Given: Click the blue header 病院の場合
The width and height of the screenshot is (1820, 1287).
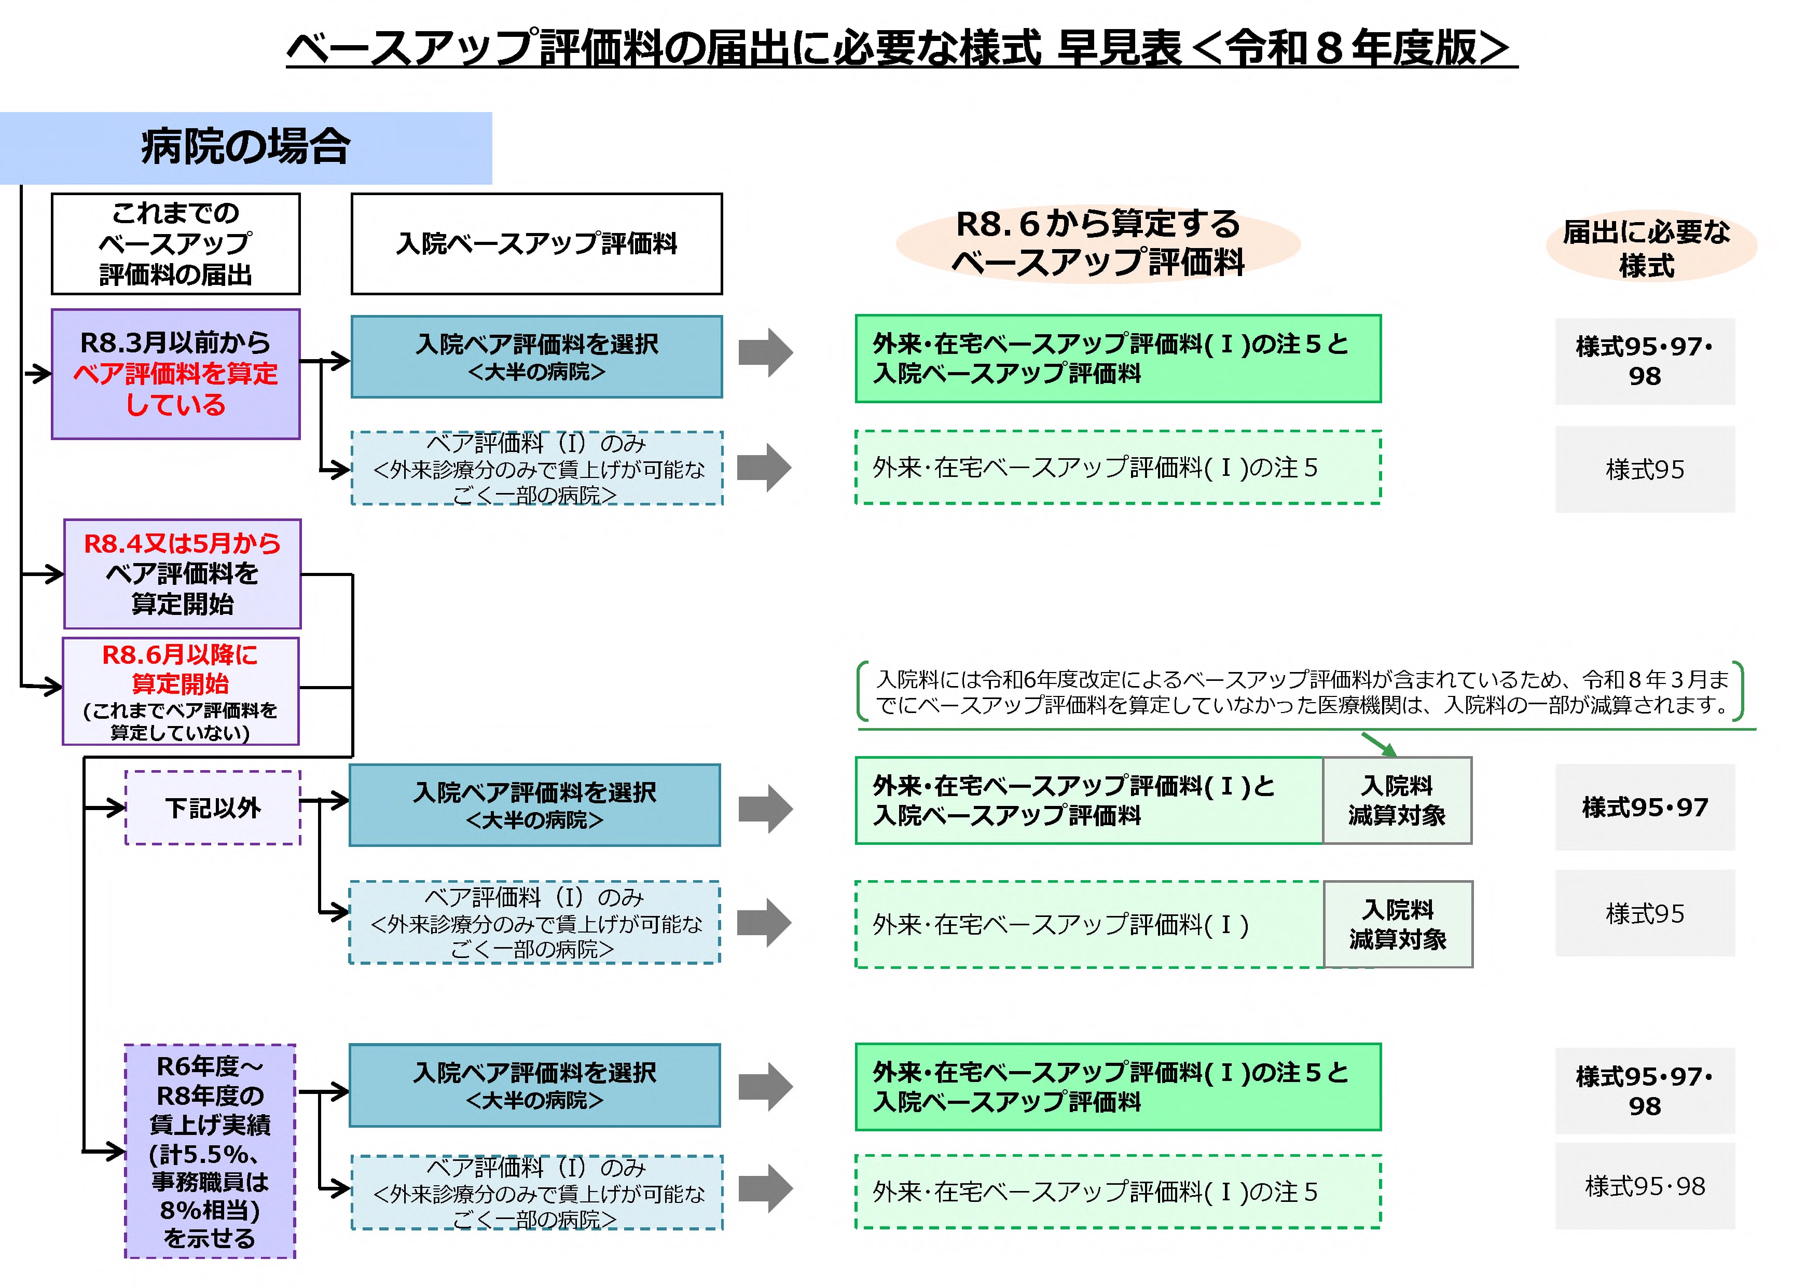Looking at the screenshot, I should coord(246,147).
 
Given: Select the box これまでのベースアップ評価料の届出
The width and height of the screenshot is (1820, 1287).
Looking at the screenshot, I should coord(175,243).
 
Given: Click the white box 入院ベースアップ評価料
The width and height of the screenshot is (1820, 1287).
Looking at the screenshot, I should coord(536,243).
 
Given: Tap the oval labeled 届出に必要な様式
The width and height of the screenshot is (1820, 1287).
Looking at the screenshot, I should coord(1650,248).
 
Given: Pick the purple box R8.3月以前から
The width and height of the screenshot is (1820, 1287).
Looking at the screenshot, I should coord(175,374).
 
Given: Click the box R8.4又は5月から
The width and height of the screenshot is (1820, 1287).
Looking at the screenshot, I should coord(182,573).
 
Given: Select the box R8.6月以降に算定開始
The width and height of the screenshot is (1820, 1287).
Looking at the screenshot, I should coord(181,691).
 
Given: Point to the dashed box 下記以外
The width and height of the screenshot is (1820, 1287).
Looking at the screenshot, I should coord(212,807).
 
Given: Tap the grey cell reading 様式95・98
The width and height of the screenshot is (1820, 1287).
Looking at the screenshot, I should coord(1644,1185).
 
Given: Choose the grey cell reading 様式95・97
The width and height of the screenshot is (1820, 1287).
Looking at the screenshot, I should coord(1644,807).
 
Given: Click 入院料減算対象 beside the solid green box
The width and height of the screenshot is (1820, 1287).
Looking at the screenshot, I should coord(1397,800).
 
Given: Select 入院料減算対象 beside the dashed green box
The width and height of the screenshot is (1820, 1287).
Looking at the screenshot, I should coord(1398,924).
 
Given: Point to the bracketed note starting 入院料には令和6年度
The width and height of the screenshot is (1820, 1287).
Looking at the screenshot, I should coord(1300,691).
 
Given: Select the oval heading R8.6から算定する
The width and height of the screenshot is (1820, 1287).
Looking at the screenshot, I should coord(1098,243).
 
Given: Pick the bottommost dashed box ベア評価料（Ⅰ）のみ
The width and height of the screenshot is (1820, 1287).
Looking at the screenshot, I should coord(536,1192).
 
